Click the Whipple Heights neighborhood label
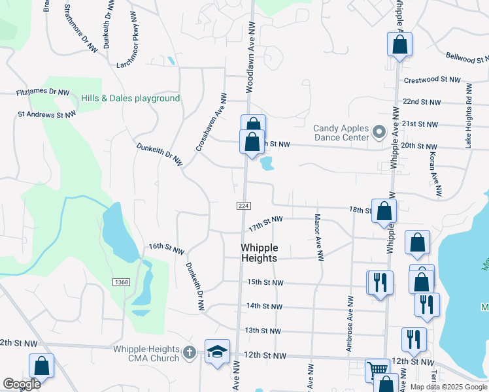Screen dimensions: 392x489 click(x=260, y=253)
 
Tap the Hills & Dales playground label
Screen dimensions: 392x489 click(x=130, y=98)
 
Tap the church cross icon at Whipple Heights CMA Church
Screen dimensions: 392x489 click(x=190, y=353)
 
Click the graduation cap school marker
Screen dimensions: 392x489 click(x=218, y=352)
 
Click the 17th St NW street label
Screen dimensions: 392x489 click(x=265, y=223)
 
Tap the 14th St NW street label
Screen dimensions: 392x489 click(x=265, y=306)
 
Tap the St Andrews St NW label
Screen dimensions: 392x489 click(x=46, y=114)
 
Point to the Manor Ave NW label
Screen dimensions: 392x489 click(x=319, y=237)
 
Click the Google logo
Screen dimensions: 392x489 click(x=22, y=384)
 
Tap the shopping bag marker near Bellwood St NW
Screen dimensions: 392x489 click(x=399, y=44)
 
